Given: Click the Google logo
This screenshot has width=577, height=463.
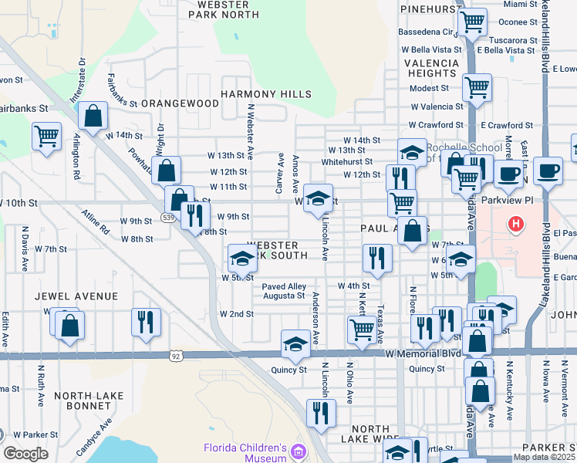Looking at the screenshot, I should [25, 454].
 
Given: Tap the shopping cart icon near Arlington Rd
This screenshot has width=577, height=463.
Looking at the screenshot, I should [46, 137].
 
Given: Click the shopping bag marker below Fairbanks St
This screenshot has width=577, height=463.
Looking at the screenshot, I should [93, 117].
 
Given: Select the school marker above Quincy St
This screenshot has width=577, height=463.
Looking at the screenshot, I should [295, 344].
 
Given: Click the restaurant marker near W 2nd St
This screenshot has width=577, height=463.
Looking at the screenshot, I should [145, 321].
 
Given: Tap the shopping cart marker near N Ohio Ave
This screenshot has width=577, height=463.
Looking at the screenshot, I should [362, 330].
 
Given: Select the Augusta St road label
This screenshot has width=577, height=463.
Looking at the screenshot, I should [283, 296].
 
